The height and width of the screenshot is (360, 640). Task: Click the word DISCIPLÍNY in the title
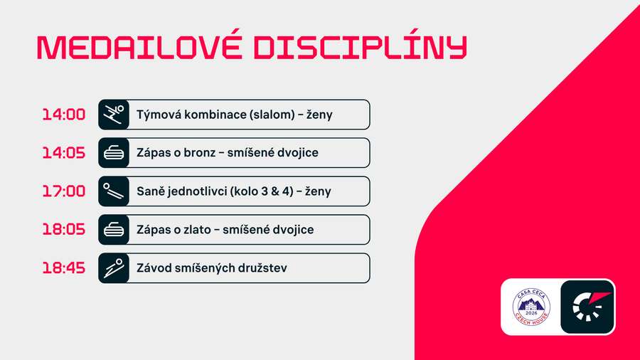point(361,47)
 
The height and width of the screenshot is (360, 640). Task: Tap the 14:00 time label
point(63,115)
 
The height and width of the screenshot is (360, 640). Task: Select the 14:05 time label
point(63,153)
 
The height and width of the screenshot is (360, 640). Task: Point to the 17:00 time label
point(63,191)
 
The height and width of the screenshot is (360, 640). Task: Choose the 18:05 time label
point(63,230)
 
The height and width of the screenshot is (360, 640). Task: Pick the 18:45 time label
point(63,268)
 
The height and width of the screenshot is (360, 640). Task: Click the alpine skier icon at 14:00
point(114,115)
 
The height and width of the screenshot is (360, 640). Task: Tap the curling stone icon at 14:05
point(114,153)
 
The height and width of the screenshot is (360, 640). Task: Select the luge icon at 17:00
point(114,191)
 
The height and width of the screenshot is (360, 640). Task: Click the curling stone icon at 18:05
point(114,230)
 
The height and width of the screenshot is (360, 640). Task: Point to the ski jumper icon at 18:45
point(114,268)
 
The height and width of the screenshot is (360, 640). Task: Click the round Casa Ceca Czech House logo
point(531,307)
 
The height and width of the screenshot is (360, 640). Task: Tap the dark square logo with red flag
point(587,307)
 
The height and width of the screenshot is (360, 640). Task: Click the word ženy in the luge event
point(317,191)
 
